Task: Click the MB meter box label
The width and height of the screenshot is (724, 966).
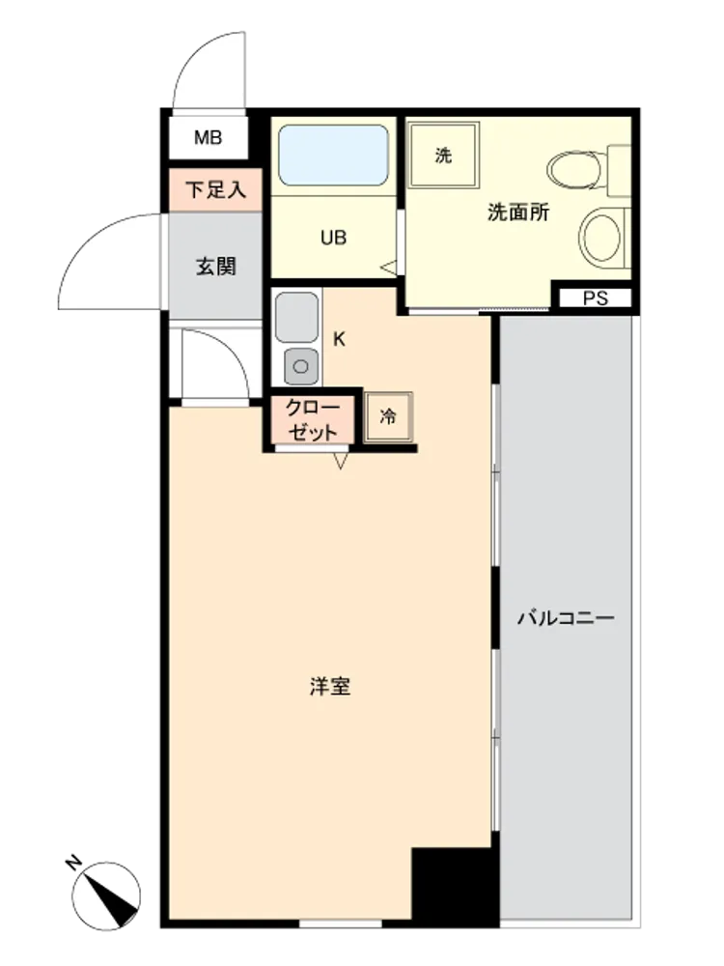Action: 209,137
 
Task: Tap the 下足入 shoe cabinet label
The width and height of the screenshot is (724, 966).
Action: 215,189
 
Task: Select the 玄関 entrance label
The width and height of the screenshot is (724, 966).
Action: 216,267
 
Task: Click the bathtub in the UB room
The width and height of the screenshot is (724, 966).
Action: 333,155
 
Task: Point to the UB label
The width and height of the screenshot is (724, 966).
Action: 333,238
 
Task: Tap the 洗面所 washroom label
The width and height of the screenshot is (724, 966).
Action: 517,213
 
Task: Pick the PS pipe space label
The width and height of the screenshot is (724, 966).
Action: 596,298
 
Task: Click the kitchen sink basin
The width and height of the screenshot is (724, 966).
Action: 297,317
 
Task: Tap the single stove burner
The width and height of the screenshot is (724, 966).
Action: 301,366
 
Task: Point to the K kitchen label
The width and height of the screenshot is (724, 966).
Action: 339,339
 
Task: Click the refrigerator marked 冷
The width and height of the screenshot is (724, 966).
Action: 388,417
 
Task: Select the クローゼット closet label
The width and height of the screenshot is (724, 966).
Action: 313,419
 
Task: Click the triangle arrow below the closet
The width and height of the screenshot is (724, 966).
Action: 341,460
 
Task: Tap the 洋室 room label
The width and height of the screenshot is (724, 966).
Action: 330,686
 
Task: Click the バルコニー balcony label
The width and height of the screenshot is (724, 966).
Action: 565,617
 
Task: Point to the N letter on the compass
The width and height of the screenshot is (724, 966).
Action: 74,863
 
